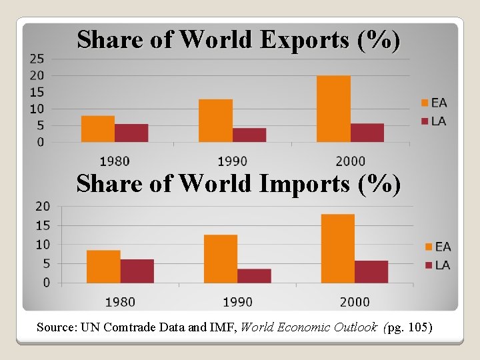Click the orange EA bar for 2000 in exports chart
333,109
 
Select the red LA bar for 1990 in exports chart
249,135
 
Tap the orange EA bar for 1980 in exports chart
98,129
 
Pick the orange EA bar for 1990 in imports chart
221,259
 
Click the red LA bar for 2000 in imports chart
371,272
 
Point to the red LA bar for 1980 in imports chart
137,271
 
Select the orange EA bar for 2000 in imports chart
338,249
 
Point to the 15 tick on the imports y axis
43,225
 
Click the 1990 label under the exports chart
232,161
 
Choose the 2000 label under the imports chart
355,302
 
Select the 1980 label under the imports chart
120,302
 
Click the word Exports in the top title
304,40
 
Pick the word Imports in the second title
305,183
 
